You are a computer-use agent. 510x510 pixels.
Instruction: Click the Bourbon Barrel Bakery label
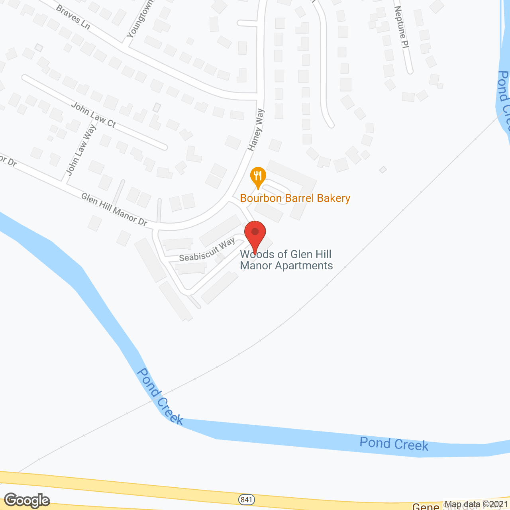[295, 198]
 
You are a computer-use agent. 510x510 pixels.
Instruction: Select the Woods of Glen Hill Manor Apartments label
[286, 260]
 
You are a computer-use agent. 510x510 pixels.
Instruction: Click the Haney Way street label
[256, 129]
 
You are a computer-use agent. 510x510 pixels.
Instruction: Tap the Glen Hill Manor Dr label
[114, 210]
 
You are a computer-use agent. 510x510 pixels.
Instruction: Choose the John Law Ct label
[94, 115]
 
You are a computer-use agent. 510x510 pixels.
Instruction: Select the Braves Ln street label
[73, 17]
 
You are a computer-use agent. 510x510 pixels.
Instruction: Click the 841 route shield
[247, 499]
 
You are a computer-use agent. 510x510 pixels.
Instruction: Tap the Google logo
[27, 500]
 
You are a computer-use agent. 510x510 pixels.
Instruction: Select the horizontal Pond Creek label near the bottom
[394, 444]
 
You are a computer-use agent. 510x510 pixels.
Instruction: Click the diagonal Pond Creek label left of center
[160, 396]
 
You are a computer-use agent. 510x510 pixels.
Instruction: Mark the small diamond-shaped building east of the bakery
[383, 170]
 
